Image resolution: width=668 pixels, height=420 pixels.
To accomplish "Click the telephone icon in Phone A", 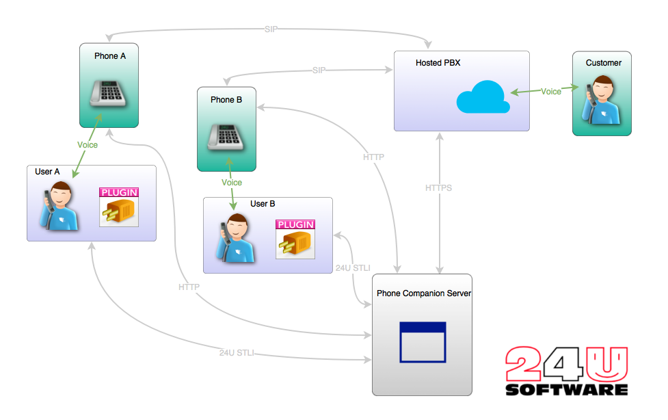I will tap(109, 91).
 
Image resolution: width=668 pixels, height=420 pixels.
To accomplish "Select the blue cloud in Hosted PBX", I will tap(483, 96).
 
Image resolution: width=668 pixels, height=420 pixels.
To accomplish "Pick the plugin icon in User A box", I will tap(119, 207).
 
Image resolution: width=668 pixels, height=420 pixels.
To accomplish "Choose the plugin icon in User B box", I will tap(295, 239).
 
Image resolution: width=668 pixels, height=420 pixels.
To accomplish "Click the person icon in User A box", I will tap(59, 205).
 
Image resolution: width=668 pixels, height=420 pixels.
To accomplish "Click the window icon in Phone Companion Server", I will tap(423, 341).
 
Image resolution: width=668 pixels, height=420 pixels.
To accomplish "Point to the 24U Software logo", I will tap(567, 371).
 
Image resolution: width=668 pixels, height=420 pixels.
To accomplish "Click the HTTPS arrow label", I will tap(438, 187).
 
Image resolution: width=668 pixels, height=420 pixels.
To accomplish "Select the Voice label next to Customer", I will tap(551, 91).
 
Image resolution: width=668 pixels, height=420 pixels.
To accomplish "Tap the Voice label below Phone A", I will tap(88, 145).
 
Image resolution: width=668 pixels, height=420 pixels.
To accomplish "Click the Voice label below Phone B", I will tap(232, 183).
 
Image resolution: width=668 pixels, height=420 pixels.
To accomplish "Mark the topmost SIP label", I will tap(271, 29).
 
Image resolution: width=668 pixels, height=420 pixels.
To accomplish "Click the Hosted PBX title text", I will tap(438, 63).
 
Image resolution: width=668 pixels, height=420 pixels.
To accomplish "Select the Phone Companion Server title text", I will tap(424, 293).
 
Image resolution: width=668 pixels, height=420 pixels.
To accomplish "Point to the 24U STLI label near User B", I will tap(353, 267).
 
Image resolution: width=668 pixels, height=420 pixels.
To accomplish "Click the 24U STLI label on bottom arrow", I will tap(237, 353).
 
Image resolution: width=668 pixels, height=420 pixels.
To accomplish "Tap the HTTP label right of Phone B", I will tap(373, 157).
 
